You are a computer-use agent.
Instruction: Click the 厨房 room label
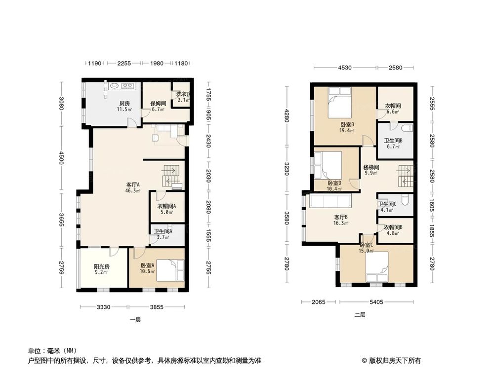point(124,104)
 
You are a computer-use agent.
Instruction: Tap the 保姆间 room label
point(157,104)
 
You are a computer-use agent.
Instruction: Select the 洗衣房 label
point(182,95)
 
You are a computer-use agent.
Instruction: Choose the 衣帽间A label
point(166,207)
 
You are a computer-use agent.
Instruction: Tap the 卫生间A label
point(162,231)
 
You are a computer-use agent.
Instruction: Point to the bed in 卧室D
point(328,165)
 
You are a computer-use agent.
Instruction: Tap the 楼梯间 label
point(371,167)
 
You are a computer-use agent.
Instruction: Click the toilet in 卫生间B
point(407,129)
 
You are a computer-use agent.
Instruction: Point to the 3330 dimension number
point(103,307)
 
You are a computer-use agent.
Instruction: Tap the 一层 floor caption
point(135,320)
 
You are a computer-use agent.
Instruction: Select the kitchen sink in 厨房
point(114,86)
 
